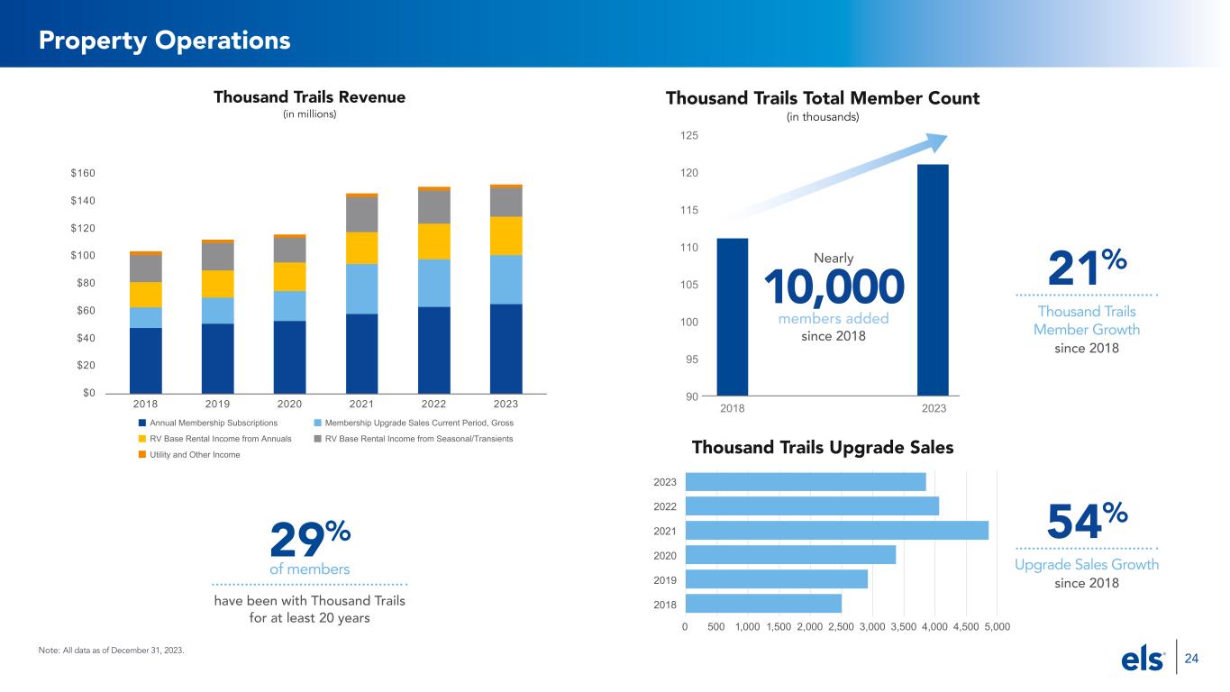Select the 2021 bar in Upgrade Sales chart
point(836,531)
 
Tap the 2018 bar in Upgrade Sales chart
point(763,603)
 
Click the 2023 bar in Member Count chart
point(933,279)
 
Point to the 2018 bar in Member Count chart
point(733,316)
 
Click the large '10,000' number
point(834,287)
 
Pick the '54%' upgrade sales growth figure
point(1088,523)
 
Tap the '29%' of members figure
point(310,542)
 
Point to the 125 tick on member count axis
point(690,135)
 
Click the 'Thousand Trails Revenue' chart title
point(309,96)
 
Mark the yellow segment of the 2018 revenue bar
point(146,295)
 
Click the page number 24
point(1191,660)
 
